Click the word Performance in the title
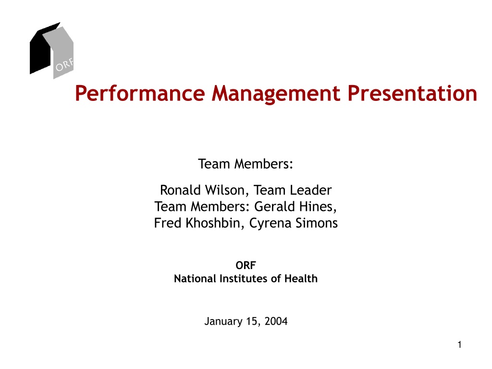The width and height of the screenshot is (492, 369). coord(140,94)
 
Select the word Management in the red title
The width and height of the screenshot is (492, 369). coord(276,94)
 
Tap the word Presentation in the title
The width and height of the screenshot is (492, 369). coord(412,93)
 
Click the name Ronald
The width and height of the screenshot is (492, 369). coord(180,190)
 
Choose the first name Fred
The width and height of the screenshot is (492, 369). coord(168,223)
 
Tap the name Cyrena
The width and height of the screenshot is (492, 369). coord(270,223)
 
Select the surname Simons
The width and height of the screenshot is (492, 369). coord(317,223)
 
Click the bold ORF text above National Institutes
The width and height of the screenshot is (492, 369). coord(246,265)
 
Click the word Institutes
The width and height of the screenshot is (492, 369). coord(243,278)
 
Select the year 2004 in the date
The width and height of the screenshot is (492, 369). coord(276,321)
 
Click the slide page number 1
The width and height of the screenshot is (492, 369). coord(459,345)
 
